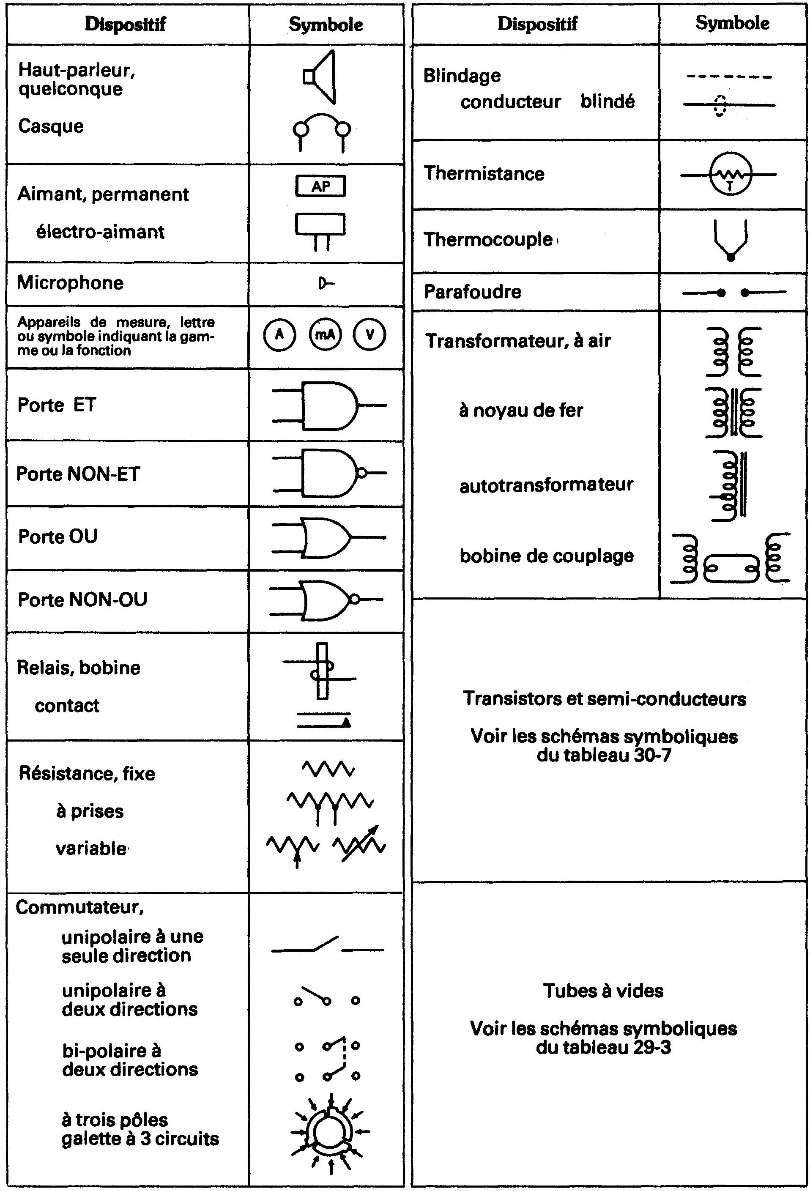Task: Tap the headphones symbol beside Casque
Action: pos(322,131)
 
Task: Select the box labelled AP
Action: pos(321,186)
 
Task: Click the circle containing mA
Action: pos(325,335)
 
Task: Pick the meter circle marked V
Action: pos(370,335)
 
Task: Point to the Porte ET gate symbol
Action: pos(329,405)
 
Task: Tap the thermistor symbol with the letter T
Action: pos(730,175)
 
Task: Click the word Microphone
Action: pos(70,283)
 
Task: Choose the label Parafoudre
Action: pos(472,292)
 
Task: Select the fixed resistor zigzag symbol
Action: pos(328,769)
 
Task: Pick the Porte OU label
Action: pos(58,537)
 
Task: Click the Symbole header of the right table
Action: pos(732,23)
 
